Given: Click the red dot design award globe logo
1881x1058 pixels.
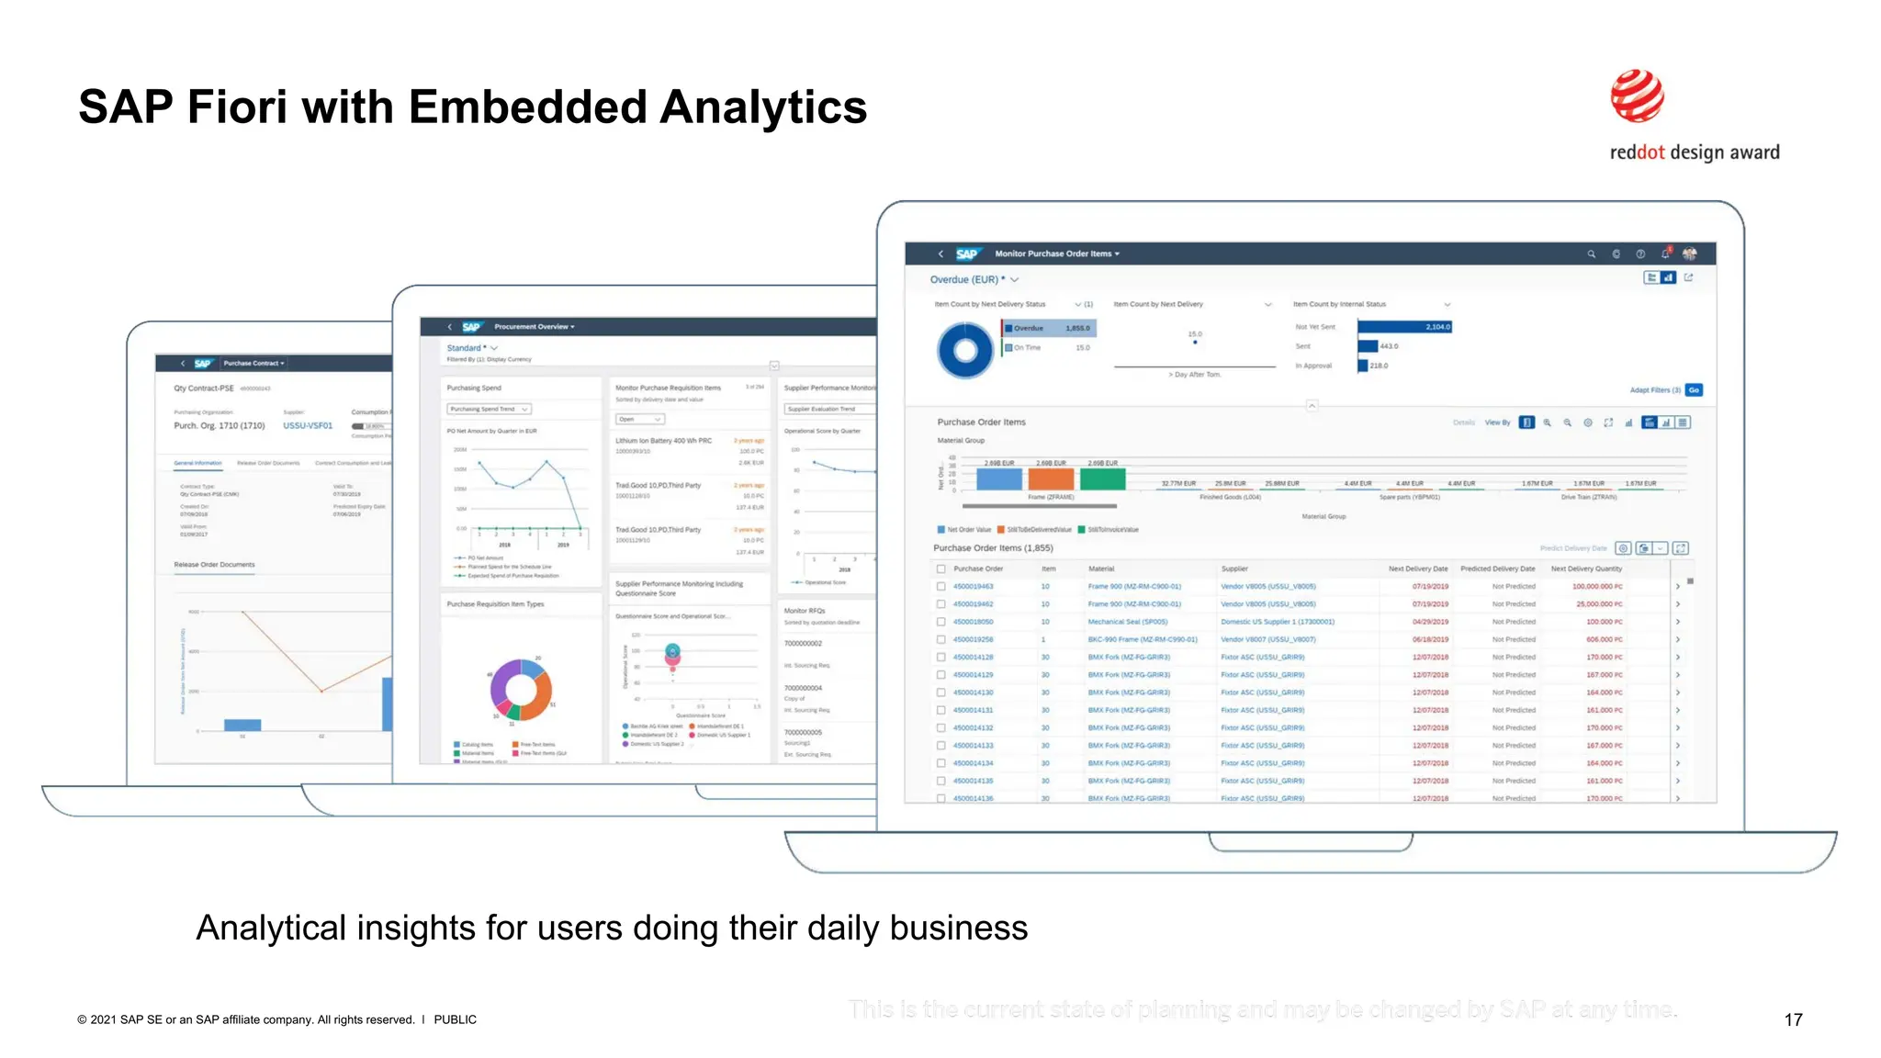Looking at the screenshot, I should click(1637, 96).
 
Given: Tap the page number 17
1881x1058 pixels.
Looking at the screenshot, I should click(1793, 1019).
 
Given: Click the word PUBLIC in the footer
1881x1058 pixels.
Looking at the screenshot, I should click(455, 1019).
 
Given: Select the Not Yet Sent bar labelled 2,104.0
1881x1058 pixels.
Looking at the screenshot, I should click(1404, 327).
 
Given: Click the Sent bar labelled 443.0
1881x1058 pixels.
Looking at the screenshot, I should click(1369, 346).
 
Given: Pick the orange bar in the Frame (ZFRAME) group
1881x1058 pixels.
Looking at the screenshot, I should click(1051, 478).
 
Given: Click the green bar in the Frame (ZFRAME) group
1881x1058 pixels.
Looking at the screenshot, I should click(1102, 478).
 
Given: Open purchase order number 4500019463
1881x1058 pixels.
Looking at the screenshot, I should click(973, 586).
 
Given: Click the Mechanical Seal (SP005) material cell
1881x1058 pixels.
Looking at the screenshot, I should click(1128, 622).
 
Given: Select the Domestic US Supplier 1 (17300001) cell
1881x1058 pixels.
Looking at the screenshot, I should click(1277, 622).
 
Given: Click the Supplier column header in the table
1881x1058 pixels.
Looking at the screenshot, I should click(1234, 568).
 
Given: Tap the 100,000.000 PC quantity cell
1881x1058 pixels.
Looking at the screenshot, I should click(1597, 586).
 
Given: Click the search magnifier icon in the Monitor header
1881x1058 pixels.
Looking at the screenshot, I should click(1591, 254).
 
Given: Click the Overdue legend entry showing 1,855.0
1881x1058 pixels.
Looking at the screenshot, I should click(1049, 328).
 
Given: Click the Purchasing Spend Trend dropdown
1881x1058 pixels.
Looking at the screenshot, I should click(489, 409).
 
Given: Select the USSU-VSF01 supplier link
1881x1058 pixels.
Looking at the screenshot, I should click(308, 426).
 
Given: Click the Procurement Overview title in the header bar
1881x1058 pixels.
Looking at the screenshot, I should click(534, 327).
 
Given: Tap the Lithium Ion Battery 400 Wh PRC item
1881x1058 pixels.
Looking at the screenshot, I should click(663, 441).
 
